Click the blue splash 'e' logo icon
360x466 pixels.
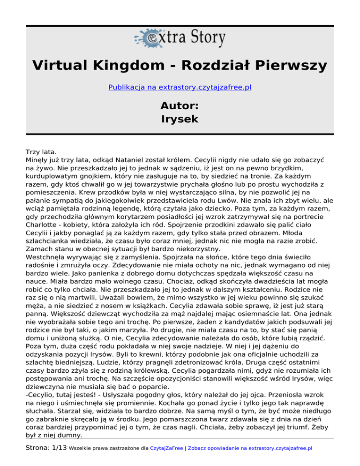(x=147, y=37)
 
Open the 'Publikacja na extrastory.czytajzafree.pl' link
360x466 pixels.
(x=180, y=87)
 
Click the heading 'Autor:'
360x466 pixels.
(x=180, y=104)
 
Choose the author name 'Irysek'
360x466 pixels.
(x=180, y=119)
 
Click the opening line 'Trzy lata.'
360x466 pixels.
(x=41, y=152)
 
